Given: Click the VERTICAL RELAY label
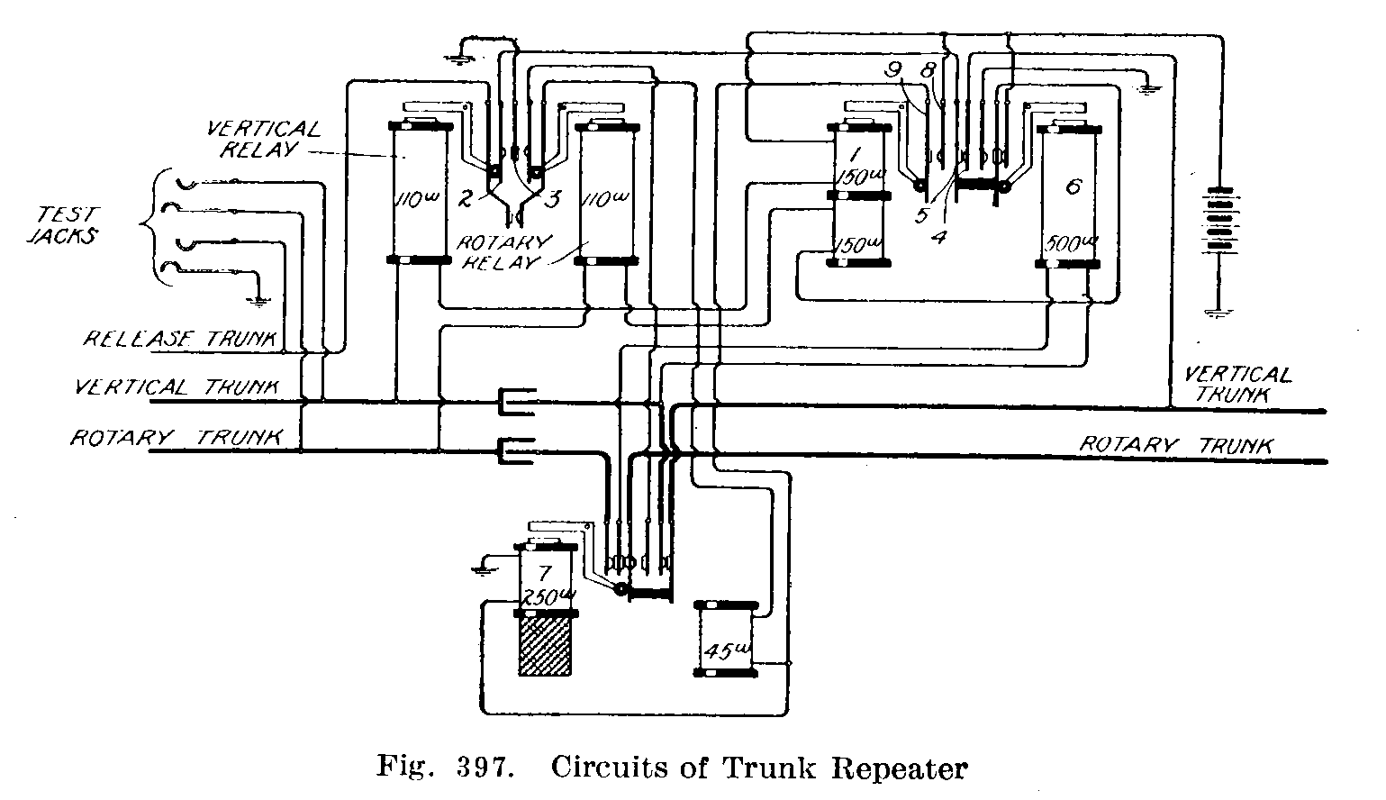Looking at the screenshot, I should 264,140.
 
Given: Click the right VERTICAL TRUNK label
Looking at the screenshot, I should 1238,384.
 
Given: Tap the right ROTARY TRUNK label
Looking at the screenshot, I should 1176,445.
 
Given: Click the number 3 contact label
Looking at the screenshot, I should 552,198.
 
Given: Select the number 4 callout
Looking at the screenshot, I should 938,236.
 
